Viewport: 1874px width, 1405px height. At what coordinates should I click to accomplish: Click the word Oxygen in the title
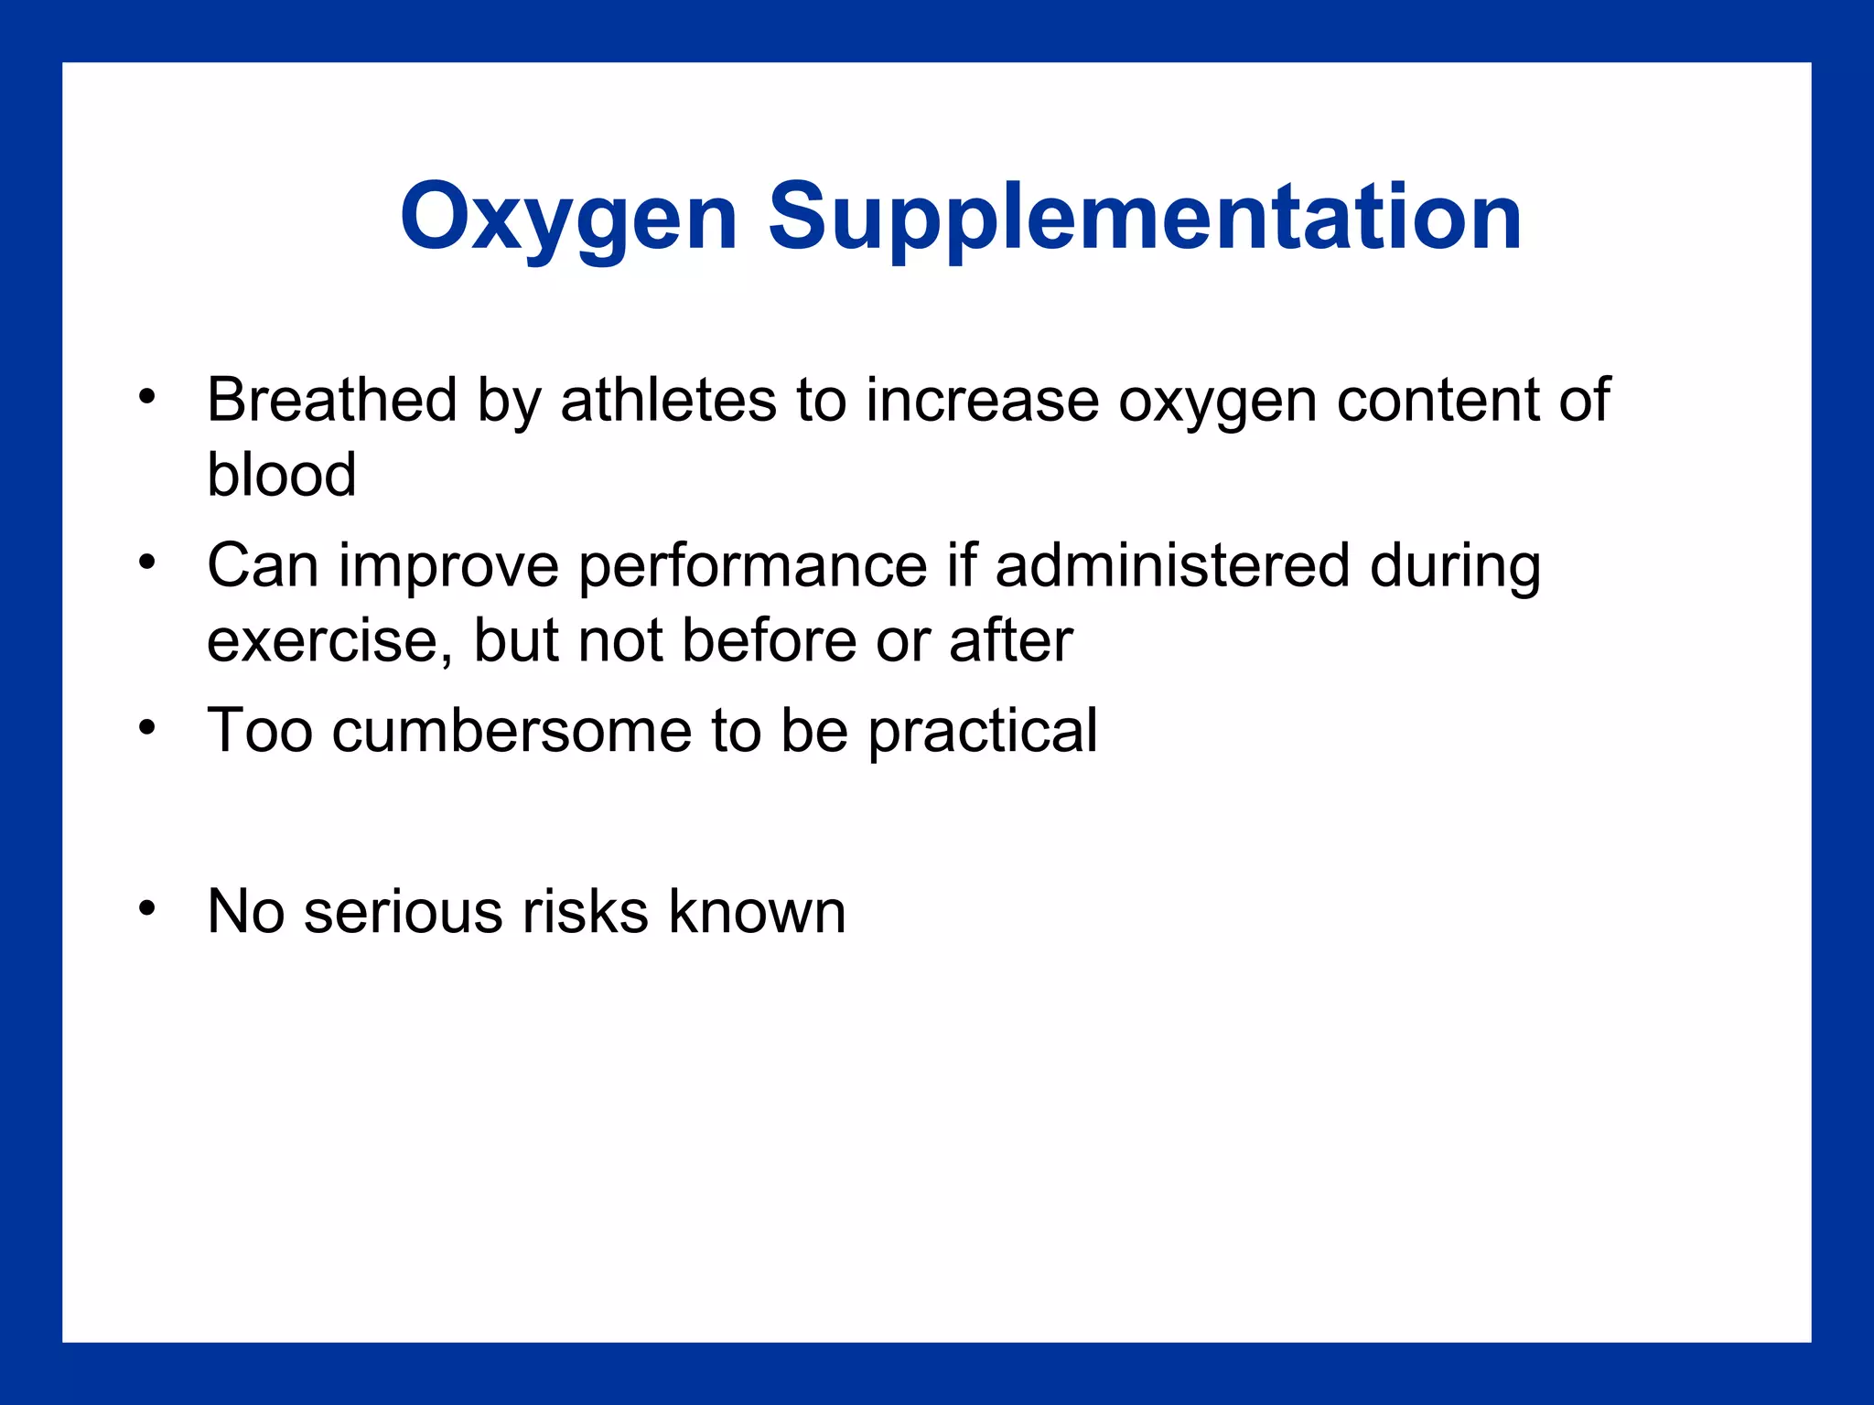[568, 218]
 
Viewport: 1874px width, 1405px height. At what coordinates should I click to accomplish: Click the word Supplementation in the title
[1145, 218]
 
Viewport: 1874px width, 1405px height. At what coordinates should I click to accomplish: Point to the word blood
[281, 475]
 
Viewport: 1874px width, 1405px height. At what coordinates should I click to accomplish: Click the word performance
[753, 566]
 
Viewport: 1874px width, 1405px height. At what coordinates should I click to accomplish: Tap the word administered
[1172, 566]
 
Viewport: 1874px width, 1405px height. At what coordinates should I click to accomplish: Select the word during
[1455, 566]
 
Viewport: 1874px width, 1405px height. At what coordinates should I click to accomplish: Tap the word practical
[982, 731]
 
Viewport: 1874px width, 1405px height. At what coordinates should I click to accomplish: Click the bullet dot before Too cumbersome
[147, 728]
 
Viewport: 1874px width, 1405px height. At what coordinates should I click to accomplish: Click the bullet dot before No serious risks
[147, 908]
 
